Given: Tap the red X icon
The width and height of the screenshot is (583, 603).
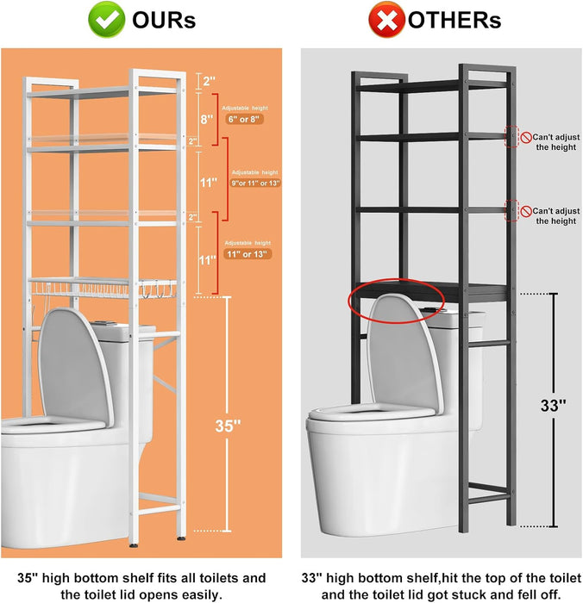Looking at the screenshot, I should click(x=387, y=20).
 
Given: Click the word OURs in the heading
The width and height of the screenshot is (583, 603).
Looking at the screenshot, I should click(x=164, y=20).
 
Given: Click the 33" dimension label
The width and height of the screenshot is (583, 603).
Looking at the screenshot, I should click(x=553, y=406).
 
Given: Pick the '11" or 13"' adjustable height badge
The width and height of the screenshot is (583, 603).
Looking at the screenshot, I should click(x=248, y=253).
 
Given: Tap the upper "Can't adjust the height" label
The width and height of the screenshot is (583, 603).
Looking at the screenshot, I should click(x=555, y=142).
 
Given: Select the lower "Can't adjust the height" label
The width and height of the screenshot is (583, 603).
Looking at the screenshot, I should click(x=555, y=215).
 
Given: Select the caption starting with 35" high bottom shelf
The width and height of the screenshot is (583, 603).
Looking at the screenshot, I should click(x=142, y=586).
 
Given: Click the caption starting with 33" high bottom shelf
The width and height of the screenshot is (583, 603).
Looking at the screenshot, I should click(x=440, y=586).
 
